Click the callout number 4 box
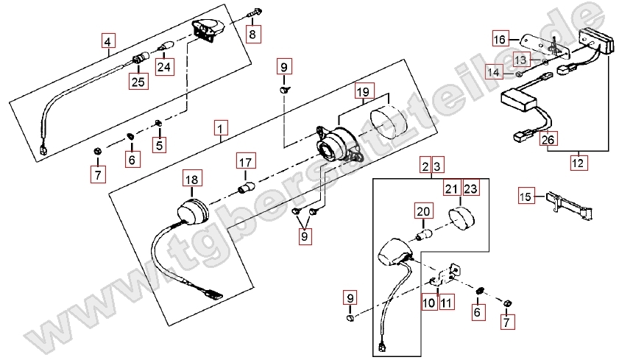click(108, 41)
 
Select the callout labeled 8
click(252, 34)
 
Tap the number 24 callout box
click(164, 67)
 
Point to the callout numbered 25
click(138, 82)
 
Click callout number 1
click(221, 128)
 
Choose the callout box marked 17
click(246, 162)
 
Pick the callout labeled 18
click(192, 180)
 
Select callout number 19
click(363, 91)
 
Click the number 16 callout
click(499, 39)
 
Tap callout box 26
click(548, 139)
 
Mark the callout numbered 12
click(578, 162)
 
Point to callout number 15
click(526, 196)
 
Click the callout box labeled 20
click(423, 211)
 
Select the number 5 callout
click(159, 145)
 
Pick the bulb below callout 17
click(246, 186)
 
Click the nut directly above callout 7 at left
click(97, 150)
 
